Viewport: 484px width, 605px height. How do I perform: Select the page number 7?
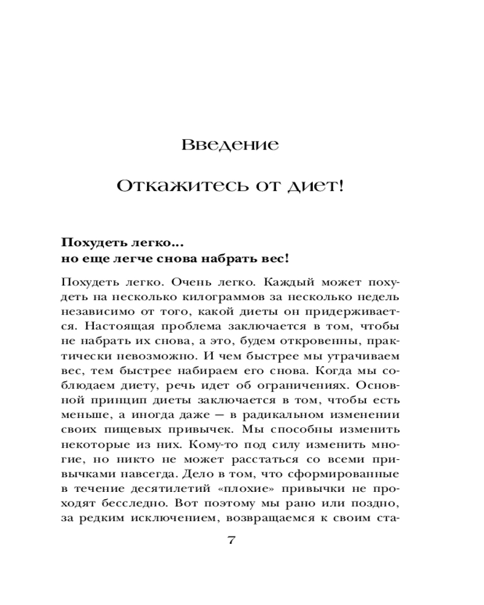(231, 540)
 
